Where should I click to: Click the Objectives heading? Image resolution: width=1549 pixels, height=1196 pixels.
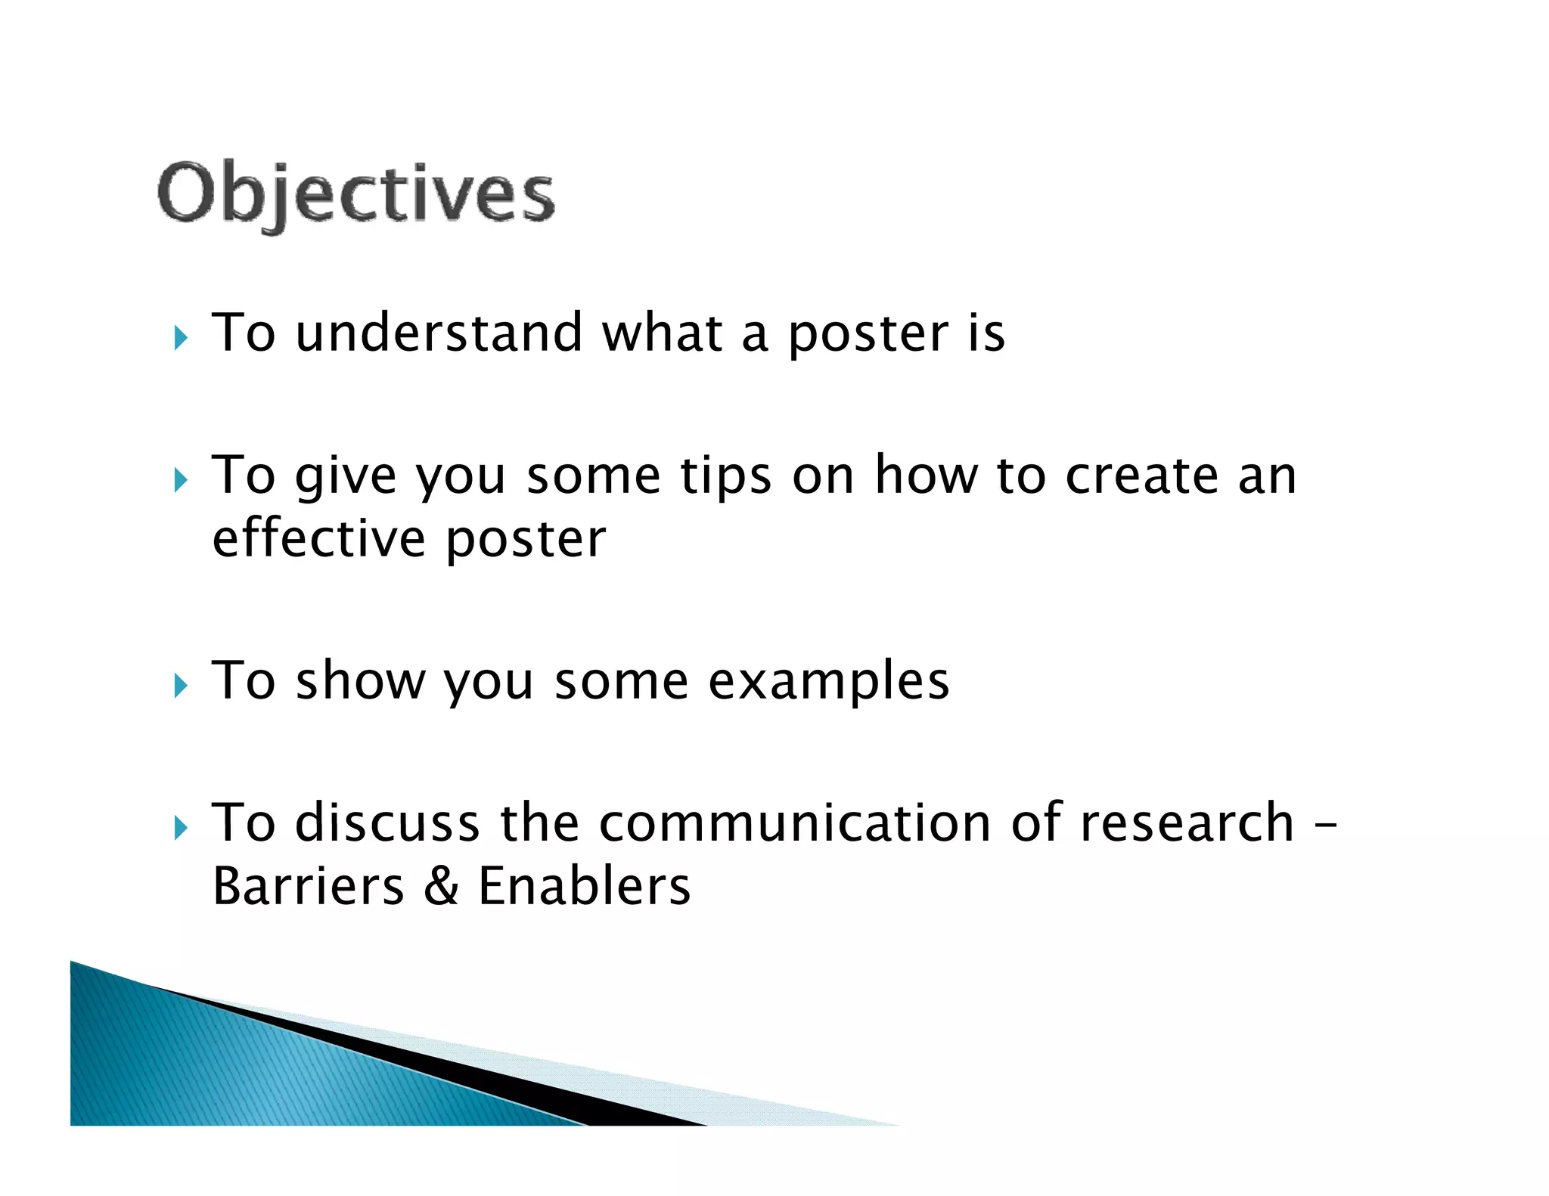pyautogui.click(x=355, y=194)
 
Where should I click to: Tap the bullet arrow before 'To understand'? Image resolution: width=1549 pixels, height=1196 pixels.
pyautogui.click(x=180, y=337)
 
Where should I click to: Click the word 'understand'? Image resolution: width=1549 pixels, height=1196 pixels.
pyautogui.click(x=439, y=333)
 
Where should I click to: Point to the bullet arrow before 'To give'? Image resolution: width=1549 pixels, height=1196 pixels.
pyautogui.click(x=180, y=479)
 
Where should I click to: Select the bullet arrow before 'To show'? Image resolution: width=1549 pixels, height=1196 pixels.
pyautogui.click(x=180, y=685)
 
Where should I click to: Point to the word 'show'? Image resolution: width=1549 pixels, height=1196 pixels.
pyautogui.click(x=360, y=680)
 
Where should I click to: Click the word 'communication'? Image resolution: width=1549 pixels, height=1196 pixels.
pyautogui.click(x=794, y=823)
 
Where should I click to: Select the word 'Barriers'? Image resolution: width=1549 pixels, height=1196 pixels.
pyautogui.click(x=309, y=886)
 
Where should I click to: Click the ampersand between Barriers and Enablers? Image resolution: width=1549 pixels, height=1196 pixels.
pyautogui.click(x=441, y=886)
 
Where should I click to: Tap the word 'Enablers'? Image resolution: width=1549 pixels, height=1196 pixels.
pyautogui.click(x=584, y=886)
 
